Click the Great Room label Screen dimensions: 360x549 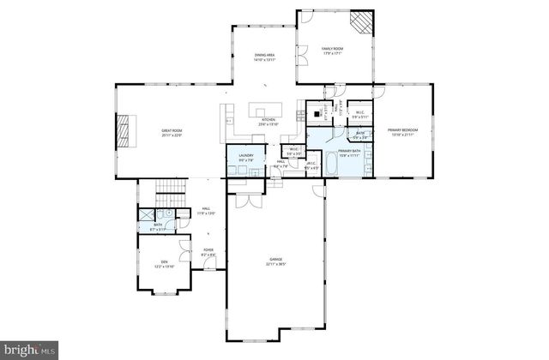(172, 133)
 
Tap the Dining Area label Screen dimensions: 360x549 (264, 58)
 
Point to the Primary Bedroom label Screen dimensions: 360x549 (401, 133)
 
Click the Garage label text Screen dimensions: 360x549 (276, 261)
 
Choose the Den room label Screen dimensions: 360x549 (163, 265)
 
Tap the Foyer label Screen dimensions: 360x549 (208, 253)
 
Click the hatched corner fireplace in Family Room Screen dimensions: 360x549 (365, 20)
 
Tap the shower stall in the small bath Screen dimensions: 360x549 (147, 216)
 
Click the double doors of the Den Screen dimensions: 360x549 (184, 251)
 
